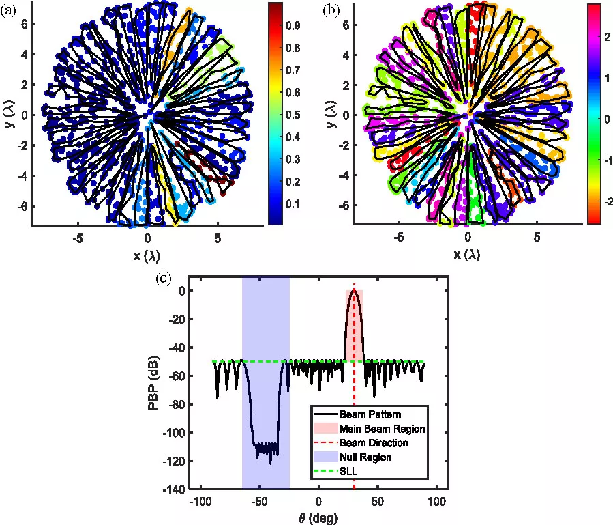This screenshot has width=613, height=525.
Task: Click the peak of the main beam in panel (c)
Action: click(x=354, y=290)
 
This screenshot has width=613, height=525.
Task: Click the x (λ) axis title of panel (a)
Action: click(x=147, y=255)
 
